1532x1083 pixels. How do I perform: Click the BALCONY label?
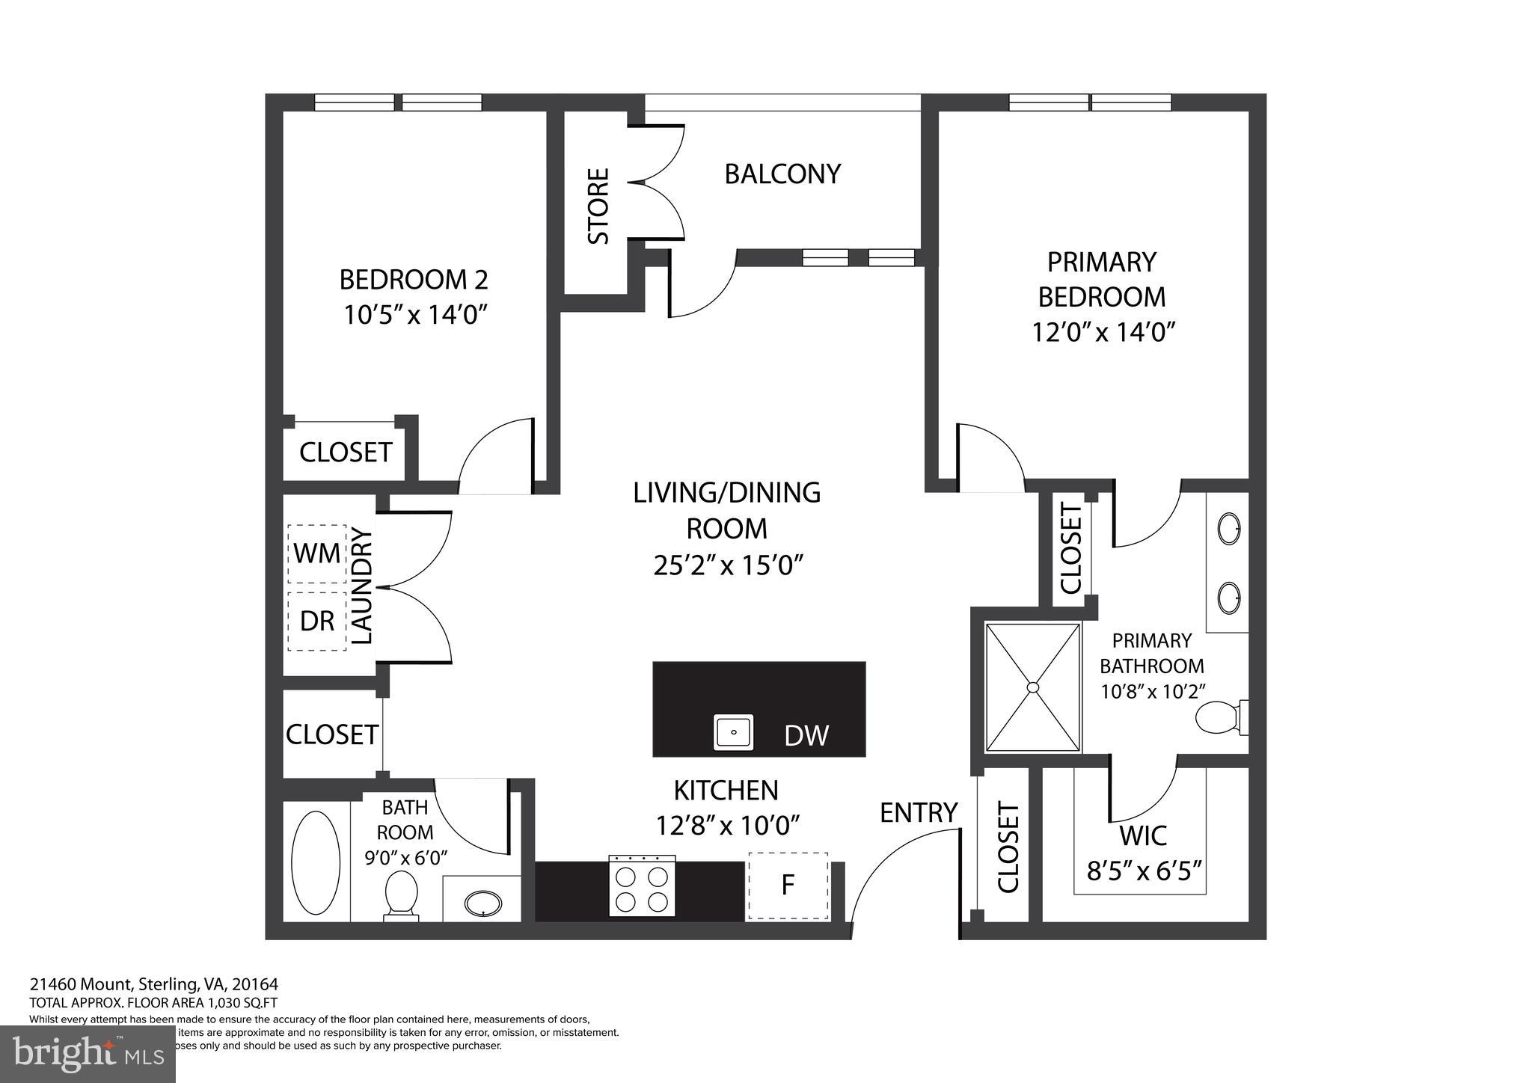click(x=782, y=174)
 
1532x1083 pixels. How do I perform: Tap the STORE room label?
click(x=598, y=206)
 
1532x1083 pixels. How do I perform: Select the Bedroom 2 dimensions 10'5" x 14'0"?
click(x=416, y=315)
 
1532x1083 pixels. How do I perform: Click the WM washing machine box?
click(x=317, y=553)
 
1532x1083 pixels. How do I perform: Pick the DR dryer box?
click(x=317, y=621)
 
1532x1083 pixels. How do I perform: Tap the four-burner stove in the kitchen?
click(x=642, y=887)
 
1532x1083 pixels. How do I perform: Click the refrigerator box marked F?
click(x=788, y=886)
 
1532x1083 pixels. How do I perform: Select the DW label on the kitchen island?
click(x=806, y=736)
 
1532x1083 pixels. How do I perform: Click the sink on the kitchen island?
click(x=734, y=732)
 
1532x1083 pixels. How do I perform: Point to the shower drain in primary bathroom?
click(x=1033, y=687)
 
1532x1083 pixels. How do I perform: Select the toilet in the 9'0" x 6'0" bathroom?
click(x=401, y=893)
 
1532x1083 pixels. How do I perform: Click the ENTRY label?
click(x=919, y=813)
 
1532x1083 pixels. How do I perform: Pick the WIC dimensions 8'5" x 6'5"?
click(x=1144, y=871)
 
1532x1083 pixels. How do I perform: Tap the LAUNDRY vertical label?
click(x=362, y=587)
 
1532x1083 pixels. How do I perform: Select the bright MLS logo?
click(x=88, y=1053)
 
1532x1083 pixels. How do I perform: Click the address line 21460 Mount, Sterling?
click(x=153, y=984)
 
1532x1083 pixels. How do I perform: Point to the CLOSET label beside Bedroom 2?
click(x=346, y=452)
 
